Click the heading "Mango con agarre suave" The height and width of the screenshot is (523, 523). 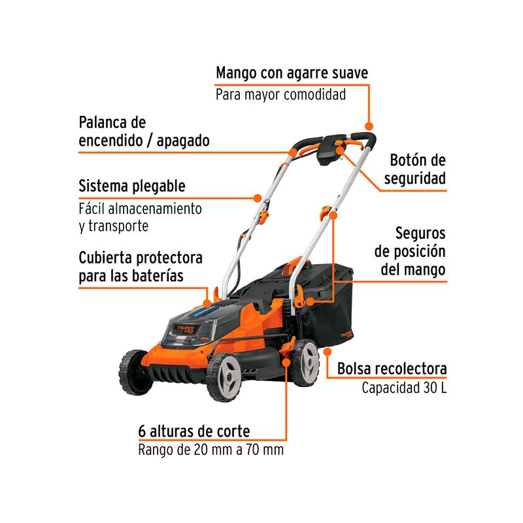(292, 73)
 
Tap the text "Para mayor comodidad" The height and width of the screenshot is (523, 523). (280, 94)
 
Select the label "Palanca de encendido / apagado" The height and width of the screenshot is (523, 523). (144, 131)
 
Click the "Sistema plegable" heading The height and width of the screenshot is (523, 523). (132, 186)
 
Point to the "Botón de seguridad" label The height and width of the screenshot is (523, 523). (415, 169)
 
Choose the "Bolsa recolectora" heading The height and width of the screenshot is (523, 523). (392, 369)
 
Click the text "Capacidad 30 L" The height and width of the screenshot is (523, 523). (404, 388)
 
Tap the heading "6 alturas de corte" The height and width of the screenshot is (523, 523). (194, 431)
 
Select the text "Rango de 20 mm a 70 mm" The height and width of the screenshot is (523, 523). (211, 450)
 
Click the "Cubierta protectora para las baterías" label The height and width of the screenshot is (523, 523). (141, 267)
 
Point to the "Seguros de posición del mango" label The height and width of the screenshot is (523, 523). (410, 251)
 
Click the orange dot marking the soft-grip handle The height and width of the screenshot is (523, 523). (369, 126)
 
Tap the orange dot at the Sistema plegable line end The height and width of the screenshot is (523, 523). (257, 198)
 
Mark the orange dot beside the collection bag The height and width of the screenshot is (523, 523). (328, 352)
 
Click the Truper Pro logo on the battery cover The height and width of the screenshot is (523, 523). (186, 329)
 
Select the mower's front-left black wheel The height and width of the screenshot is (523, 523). (136, 372)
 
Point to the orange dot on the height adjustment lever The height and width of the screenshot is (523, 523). (286, 362)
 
